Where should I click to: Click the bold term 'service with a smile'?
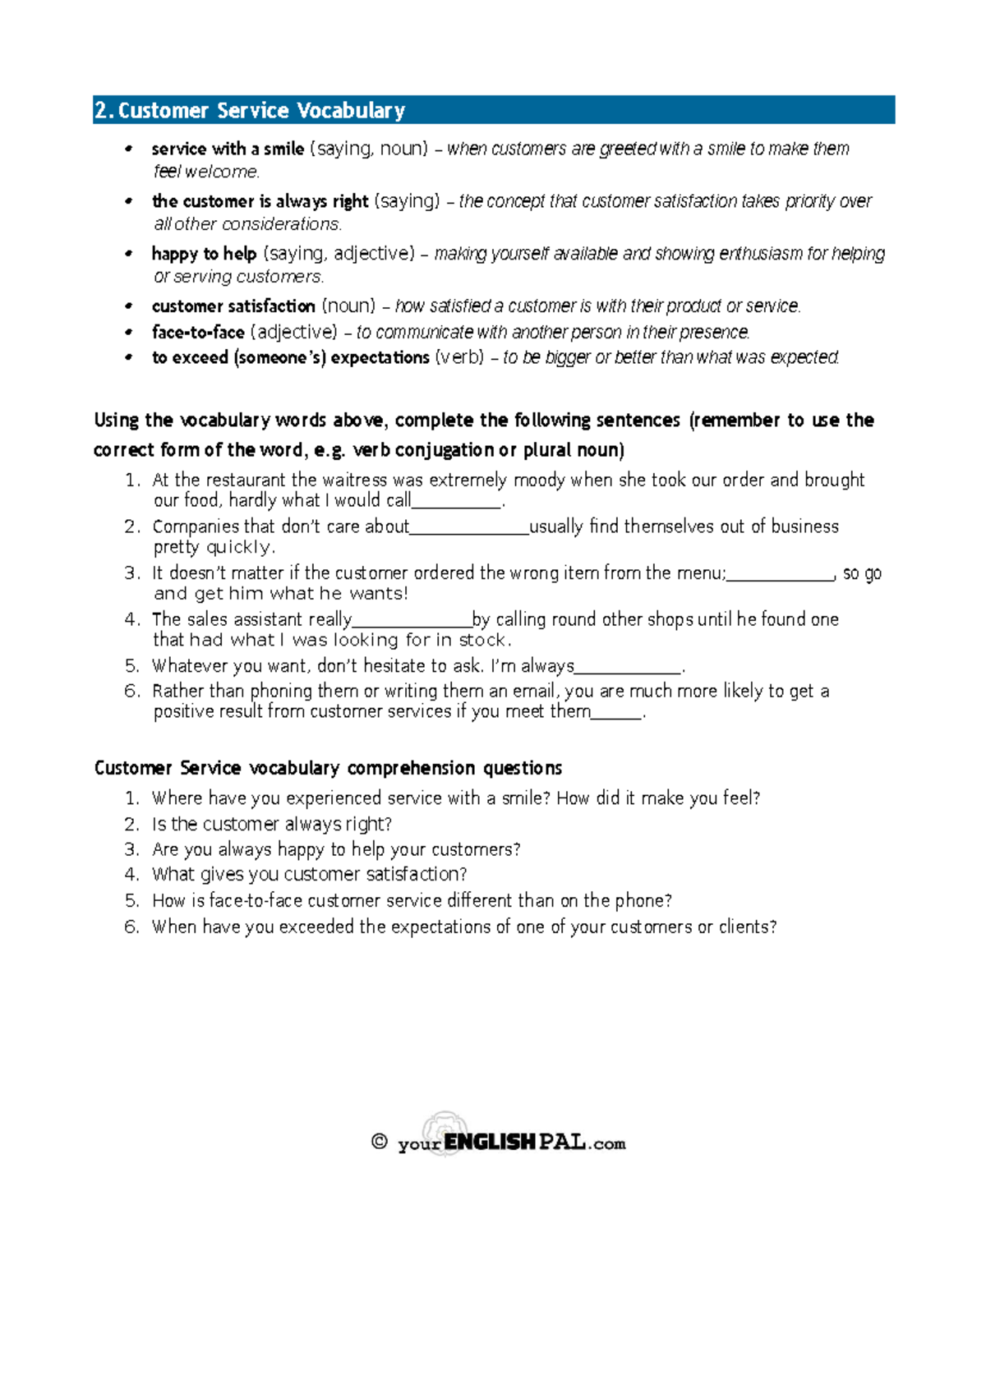pyautogui.click(x=228, y=149)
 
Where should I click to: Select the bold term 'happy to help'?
pyautogui.click(x=204, y=254)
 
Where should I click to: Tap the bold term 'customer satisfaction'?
pyautogui.click(x=233, y=306)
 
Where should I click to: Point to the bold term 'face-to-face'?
pyautogui.click(x=198, y=333)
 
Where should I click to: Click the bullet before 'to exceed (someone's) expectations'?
pyautogui.click(x=128, y=358)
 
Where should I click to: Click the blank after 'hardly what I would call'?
pyautogui.click(x=456, y=502)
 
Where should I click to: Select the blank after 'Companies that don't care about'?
pyautogui.click(x=469, y=528)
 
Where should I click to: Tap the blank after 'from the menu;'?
pyautogui.click(x=781, y=575)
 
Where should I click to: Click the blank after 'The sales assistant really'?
pyautogui.click(x=412, y=621)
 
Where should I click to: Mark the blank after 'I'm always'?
pyautogui.click(x=629, y=668)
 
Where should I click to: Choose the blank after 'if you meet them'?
pyautogui.click(x=616, y=713)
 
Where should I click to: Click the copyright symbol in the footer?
pyautogui.click(x=379, y=1142)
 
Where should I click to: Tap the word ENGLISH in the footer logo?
pyautogui.click(x=490, y=1142)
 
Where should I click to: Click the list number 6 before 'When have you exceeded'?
pyautogui.click(x=132, y=926)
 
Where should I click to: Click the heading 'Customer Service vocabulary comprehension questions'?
pyautogui.click(x=328, y=768)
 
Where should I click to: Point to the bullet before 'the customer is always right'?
pyautogui.click(x=128, y=201)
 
